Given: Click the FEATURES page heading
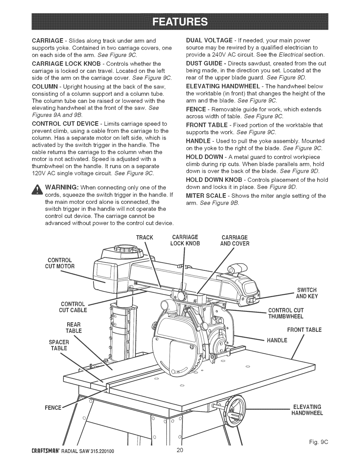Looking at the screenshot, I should pyautogui.click(x=180, y=21).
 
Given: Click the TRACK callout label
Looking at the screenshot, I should pyautogui.click(x=144, y=238).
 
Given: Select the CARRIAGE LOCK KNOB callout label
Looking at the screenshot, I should pyautogui.click(x=185, y=240).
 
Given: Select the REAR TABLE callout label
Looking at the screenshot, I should pyautogui.click(x=74, y=328).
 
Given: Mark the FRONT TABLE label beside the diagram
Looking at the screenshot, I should pyautogui.click(x=304, y=330).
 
